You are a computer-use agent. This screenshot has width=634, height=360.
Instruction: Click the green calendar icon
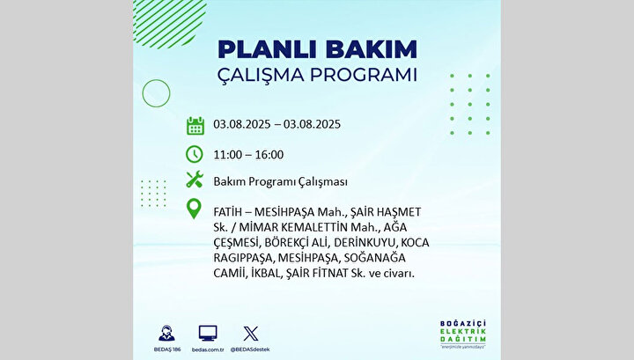click(x=195, y=126)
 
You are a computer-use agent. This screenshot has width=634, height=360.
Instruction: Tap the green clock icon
click(x=195, y=154)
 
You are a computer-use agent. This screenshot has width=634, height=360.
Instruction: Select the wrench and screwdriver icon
click(x=195, y=180)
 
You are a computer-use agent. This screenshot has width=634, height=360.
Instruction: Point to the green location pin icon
click(x=194, y=209)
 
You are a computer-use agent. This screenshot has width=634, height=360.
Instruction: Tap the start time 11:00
click(x=228, y=155)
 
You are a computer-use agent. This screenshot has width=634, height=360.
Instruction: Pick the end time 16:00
click(x=269, y=155)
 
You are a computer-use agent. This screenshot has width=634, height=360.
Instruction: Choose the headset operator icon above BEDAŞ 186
click(x=166, y=334)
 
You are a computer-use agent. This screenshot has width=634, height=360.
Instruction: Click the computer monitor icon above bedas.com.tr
click(x=208, y=334)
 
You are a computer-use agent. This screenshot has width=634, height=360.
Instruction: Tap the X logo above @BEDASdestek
click(x=251, y=334)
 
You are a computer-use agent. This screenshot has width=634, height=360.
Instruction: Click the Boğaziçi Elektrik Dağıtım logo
click(x=463, y=334)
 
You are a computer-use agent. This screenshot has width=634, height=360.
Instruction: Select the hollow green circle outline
click(x=156, y=79)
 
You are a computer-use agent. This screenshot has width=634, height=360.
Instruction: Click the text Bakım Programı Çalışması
click(x=281, y=182)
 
